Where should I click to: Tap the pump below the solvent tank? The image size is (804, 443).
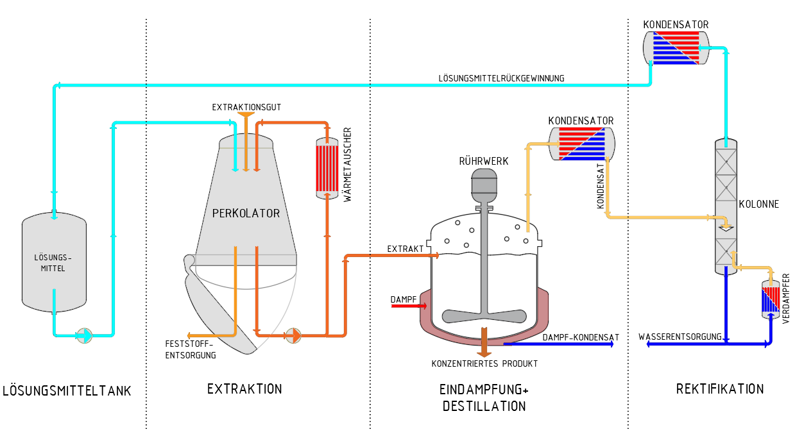(x=84, y=335)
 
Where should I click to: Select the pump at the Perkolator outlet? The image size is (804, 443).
(x=293, y=335)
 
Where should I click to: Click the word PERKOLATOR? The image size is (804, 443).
(x=246, y=213)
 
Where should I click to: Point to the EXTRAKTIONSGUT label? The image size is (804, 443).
(x=246, y=107)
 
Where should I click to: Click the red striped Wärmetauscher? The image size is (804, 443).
(x=327, y=168)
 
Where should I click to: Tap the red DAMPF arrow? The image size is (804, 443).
(x=404, y=306)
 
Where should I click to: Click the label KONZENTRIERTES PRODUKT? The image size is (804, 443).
(x=484, y=364)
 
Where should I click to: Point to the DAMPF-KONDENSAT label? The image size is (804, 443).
(x=581, y=337)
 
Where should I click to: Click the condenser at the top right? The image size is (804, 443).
(x=676, y=47)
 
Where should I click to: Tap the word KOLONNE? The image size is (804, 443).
(x=758, y=205)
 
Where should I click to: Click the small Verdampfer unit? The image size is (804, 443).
(x=769, y=299)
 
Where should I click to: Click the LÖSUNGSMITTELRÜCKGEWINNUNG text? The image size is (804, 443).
(x=501, y=78)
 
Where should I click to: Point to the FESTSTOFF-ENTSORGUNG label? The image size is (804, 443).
(x=190, y=349)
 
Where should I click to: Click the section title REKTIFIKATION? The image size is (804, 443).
(x=720, y=389)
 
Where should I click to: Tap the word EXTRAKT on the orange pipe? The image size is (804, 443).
(x=406, y=248)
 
